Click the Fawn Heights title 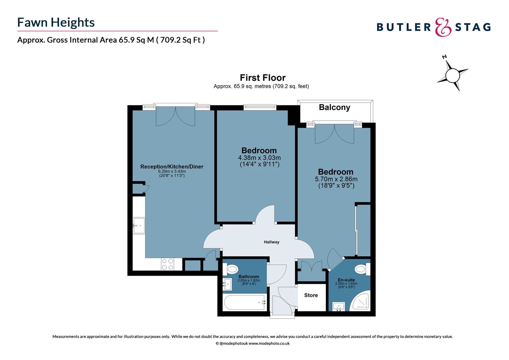pos(56,22)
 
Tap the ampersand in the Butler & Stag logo pos(443,27)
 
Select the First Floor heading pos(262,78)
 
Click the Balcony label pos(334,107)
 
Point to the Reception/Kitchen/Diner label pos(172,167)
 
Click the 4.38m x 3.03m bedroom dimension pos(259,158)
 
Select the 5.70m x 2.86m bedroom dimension pos(336,179)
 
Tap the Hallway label pos(271,242)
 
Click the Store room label pos(311,295)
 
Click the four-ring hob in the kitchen pos(167,264)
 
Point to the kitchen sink pos(139,226)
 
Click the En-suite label pos(346,280)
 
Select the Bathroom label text pos(249,277)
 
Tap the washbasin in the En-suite pos(338,306)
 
